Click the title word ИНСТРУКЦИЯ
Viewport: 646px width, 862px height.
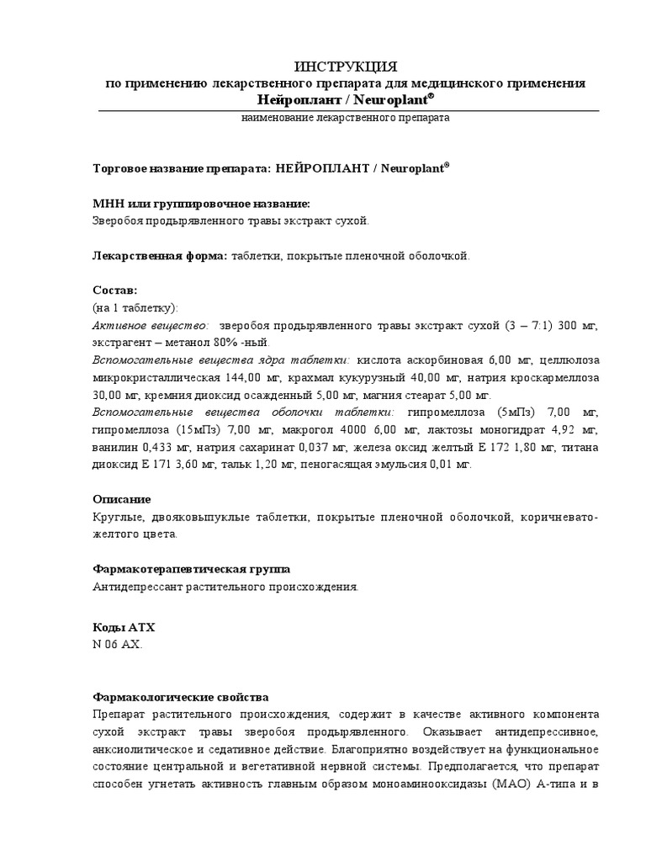point(345,67)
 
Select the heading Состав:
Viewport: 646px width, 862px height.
point(114,290)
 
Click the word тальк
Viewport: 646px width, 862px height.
point(242,464)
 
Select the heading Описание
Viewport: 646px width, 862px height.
point(121,499)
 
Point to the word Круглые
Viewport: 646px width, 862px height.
point(117,517)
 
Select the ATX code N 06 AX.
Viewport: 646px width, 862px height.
point(118,645)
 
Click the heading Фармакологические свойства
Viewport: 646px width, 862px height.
point(180,698)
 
